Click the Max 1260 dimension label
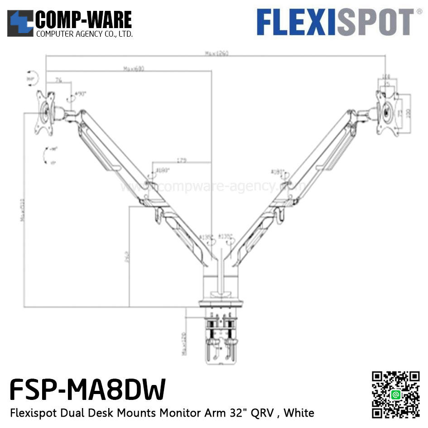point(216,53)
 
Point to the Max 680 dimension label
point(133,68)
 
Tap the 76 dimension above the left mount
point(58,80)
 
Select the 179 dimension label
point(182,160)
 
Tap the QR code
point(395,395)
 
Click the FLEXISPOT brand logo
point(336,22)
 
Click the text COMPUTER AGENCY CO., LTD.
point(84,34)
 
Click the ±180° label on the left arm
point(162,171)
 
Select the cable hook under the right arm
point(277,214)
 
